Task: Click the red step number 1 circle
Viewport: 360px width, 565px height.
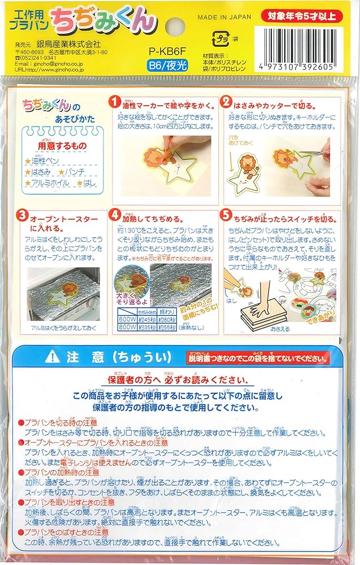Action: pyautogui.click(x=115, y=103)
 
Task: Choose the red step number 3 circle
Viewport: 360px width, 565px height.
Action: pyautogui.click(x=22, y=216)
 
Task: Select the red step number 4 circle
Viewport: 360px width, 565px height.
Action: pyautogui.click(x=115, y=216)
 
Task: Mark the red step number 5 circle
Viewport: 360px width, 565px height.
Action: pyautogui.click(x=227, y=216)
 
